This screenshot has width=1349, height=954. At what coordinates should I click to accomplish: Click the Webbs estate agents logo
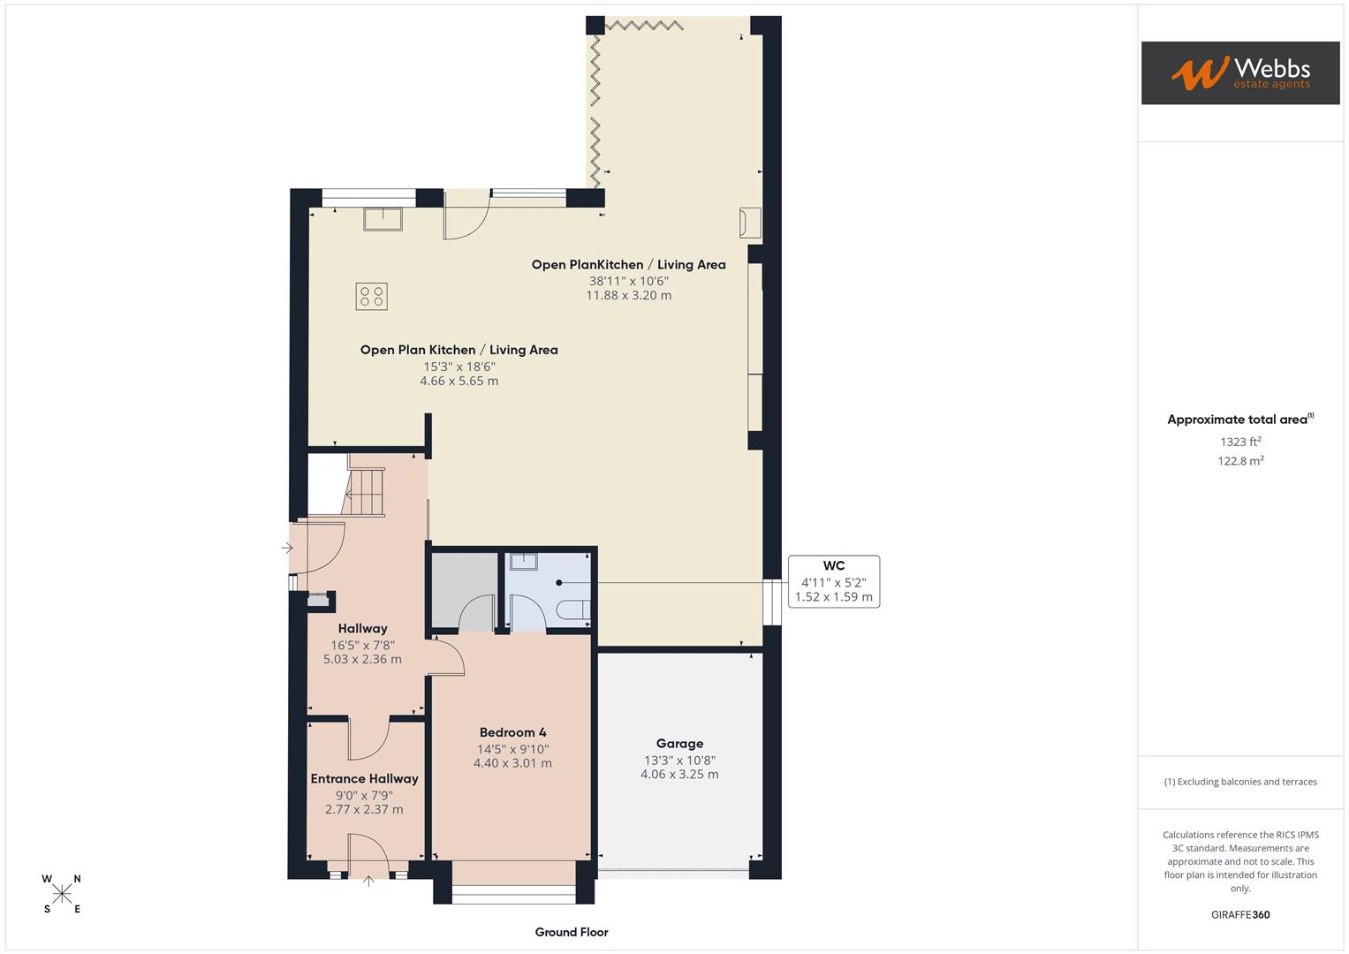pyautogui.click(x=1239, y=72)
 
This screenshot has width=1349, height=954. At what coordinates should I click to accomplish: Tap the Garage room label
pyautogui.click(x=679, y=744)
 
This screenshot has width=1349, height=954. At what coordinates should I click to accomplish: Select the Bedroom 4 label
pyautogui.click(x=512, y=732)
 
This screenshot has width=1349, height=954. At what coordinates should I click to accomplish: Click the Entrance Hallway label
pyautogui.click(x=364, y=778)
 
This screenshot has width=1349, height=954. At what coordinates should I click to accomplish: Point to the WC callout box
pyautogui.click(x=833, y=581)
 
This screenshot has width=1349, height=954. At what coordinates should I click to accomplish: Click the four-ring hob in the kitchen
pyautogui.click(x=372, y=296)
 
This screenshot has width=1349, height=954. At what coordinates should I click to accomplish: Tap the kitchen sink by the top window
pyautogui.click(x=383, y=218)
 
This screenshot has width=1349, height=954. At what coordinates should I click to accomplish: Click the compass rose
pyautogui.click(x=62, y=894)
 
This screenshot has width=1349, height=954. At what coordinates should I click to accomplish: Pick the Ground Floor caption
pyautogui.click(x=572, y=932)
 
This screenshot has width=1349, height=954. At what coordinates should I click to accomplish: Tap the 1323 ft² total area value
pyautogui.click(x=1240, y=442)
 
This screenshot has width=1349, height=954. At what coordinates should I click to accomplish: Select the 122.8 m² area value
pyautogui.click(x=1240, y=460)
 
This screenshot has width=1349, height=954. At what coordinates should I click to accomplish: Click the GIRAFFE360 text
pyautogui.click(x=1240, y=914)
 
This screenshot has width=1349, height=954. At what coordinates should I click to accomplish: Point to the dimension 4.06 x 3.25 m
pyautogui.click(x=679, y=775)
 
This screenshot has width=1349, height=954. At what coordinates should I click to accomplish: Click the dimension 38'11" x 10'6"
pyautogui.click(x=629, y=281)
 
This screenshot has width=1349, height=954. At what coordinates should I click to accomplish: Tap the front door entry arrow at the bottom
pyautogui.click(x=369, y=880)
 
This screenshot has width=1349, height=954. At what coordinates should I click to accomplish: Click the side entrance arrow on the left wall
pyautogui.click(x=286, y=549)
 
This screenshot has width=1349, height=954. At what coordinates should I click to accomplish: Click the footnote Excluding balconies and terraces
pyautogui.click(x=1240, y=782)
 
